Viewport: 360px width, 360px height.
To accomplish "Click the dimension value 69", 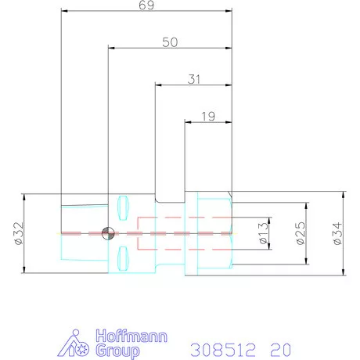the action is click(146, 5).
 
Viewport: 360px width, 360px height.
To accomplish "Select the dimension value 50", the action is click(170, 42).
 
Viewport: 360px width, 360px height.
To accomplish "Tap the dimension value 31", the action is click(194, 79).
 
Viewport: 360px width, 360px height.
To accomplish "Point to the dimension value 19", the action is click(208, 117).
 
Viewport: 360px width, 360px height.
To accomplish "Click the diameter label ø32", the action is click(20, 233).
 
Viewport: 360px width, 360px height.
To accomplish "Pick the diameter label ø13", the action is click(264, 233).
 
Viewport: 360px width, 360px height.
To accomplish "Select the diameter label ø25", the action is click(301, 233).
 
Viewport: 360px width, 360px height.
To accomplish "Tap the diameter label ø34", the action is click(337, 233).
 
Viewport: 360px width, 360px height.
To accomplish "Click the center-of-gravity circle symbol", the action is click(108, 233).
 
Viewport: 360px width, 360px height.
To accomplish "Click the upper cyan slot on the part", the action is click(123, 208).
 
